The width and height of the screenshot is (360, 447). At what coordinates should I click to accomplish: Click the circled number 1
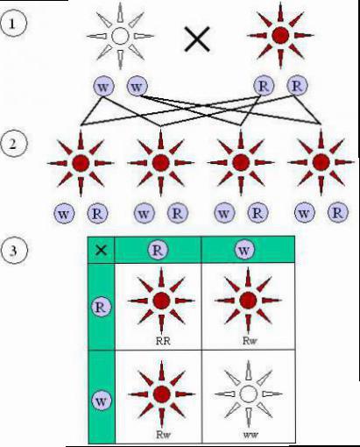[x=13, y=24]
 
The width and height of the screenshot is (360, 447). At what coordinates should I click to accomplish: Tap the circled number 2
[x=13, y=145]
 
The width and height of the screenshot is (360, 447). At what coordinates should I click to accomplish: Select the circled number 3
[x=14, y=251]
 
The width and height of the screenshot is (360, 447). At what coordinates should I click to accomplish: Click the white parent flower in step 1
[x=120, y=36]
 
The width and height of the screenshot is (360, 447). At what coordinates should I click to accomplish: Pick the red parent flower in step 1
[x=280, y=35]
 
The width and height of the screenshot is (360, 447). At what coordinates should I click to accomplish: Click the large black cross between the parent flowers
[x=197, y=39]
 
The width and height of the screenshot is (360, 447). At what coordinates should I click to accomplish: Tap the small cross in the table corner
[x=101, y=250]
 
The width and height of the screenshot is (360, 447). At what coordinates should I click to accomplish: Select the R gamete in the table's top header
[x=158, y=251]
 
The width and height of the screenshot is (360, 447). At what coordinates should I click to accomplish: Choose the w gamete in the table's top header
[x=244, y=250]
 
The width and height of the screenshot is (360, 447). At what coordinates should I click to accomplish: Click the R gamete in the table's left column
[x=101, y=307]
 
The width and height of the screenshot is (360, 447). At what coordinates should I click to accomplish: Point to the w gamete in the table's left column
[x=101, y=401]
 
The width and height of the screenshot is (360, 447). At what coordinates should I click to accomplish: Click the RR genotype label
[x=163, y=341]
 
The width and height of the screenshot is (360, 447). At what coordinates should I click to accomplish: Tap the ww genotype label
[x=251, y=435]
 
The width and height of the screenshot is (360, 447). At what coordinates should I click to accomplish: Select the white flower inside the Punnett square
[x=248, y=394]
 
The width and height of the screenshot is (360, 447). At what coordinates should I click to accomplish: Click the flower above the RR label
[x=161, y=301]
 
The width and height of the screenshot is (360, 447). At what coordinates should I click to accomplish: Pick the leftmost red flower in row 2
[x=81, y=163]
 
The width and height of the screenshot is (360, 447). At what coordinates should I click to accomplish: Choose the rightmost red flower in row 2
[x=321, y=162]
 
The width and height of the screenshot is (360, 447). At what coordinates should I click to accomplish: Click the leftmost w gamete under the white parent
[x=103, y=86]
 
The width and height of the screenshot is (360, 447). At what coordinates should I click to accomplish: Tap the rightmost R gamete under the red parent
[x=297, y=86]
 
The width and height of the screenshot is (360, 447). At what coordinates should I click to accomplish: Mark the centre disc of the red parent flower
[x=280, y=35]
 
